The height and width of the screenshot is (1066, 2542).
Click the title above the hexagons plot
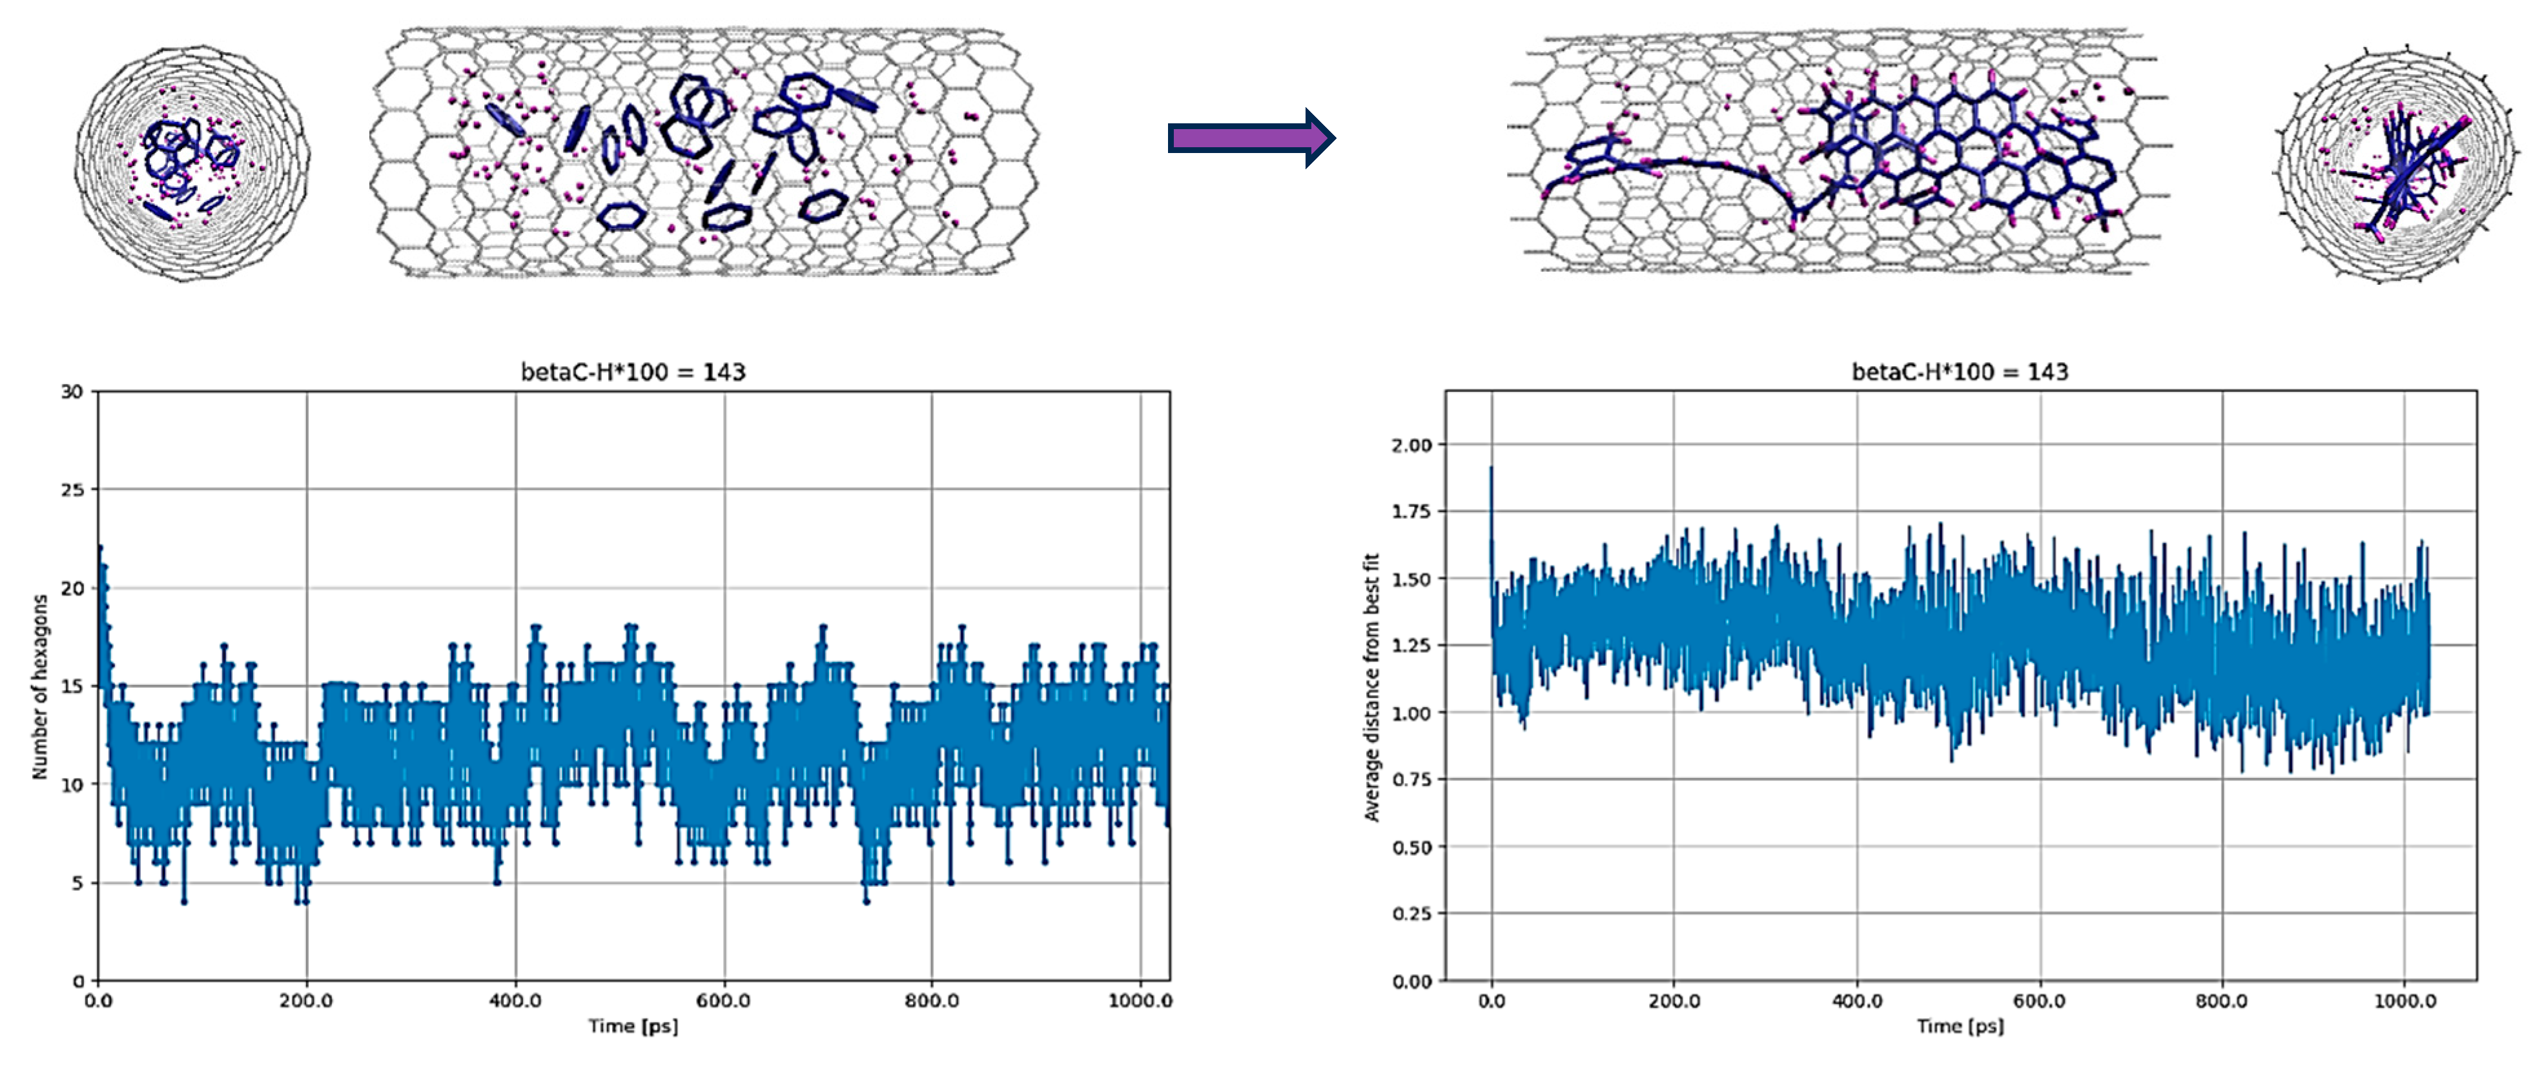tap(633, 372)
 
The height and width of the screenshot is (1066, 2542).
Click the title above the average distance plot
tap(1959, 372)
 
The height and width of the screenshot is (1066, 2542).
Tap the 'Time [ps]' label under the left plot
tap(633, 1027)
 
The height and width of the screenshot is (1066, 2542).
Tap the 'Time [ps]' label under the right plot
tap(1960, 1027)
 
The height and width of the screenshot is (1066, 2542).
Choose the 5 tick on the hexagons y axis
tap(77, 883)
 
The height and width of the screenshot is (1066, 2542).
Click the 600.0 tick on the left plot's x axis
tap(723, 1001)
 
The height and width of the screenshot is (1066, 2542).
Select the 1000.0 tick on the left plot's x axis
tap(1140, 1001)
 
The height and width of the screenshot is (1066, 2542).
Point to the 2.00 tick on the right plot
tap(1411, 445)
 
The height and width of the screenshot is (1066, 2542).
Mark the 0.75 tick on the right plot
tap(1411, 780)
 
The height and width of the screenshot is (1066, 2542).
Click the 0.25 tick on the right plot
tap(1411, 914)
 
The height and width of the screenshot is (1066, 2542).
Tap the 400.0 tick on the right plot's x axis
tap(1856, 1001)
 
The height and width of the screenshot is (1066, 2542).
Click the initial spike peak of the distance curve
tap(1491, 469)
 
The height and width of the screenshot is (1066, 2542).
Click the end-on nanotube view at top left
tap(191, 163)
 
